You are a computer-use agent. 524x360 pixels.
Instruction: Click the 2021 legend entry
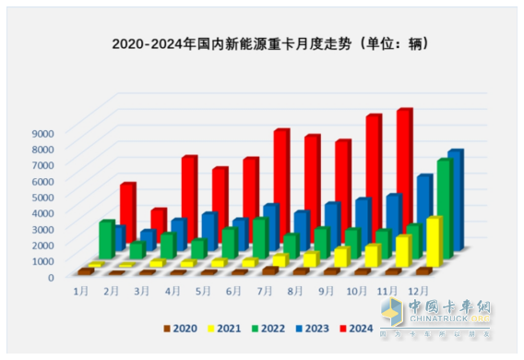click(232, 328)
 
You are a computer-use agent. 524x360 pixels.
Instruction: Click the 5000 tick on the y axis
click(42, 197)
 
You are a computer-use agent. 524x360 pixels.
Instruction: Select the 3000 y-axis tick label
click(42, 228)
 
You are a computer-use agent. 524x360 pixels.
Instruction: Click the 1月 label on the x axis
click(82, 290)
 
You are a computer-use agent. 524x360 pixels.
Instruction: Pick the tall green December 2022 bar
click(444, 208)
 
